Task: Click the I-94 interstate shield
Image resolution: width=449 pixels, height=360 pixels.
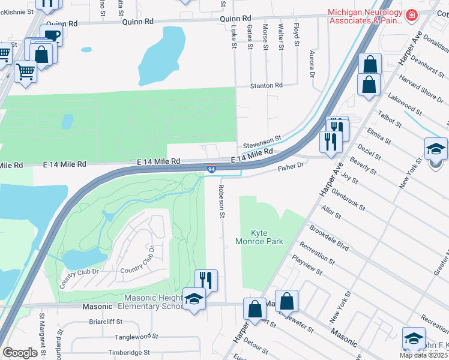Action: pyautogui.click(x=212, y=170)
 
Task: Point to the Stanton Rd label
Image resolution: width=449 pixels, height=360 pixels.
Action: pyautogui.click(x=267, y=86)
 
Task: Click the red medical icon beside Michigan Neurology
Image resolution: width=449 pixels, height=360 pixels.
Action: pyautogui.click(x=411, y=15)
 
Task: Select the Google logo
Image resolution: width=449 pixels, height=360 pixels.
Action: pyautogui.click(x=20, y=352)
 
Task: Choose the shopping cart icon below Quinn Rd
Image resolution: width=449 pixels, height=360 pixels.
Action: pyautogui.click(x=25, y=71)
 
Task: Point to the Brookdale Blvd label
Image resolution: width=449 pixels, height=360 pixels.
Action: pyautogui.click(x=329, y=238)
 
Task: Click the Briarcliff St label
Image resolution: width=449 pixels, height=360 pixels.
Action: pyautogui.click(x=89, y=320)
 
